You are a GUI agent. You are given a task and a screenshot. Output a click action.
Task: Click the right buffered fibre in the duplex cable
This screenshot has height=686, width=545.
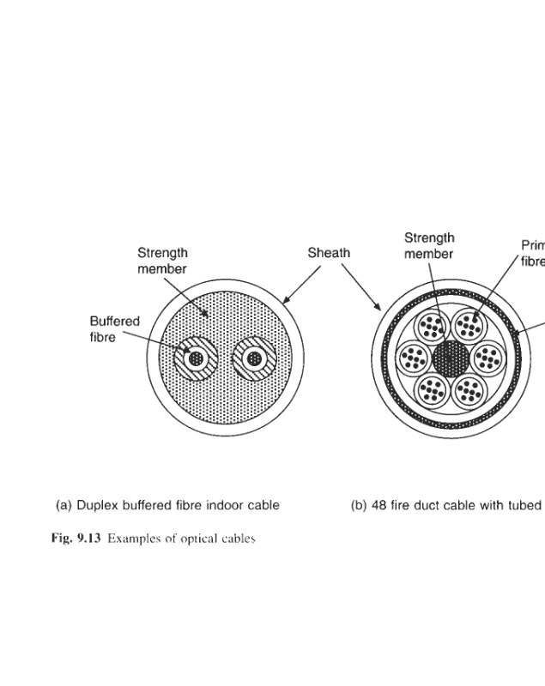(254, 358)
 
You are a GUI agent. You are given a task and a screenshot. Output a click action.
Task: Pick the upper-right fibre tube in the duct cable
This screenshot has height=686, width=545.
(469, 325)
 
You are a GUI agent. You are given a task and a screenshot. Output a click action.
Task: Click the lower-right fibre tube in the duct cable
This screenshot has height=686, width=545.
(469, 390)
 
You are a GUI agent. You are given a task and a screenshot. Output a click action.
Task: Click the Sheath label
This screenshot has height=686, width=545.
(329, 253)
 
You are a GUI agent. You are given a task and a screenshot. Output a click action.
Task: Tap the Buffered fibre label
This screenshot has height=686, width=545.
(114, 328)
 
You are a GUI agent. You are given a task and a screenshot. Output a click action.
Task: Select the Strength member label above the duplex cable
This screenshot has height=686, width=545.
(162, 261)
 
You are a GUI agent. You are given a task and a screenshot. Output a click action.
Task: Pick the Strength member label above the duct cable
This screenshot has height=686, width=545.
(429, 245)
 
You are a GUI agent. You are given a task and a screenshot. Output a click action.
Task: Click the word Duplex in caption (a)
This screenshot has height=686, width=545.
(98, 505)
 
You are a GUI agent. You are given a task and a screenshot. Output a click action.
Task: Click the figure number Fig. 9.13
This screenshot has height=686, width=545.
(76, 539)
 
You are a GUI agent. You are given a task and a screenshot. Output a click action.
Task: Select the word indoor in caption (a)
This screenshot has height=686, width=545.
(225, 505)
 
